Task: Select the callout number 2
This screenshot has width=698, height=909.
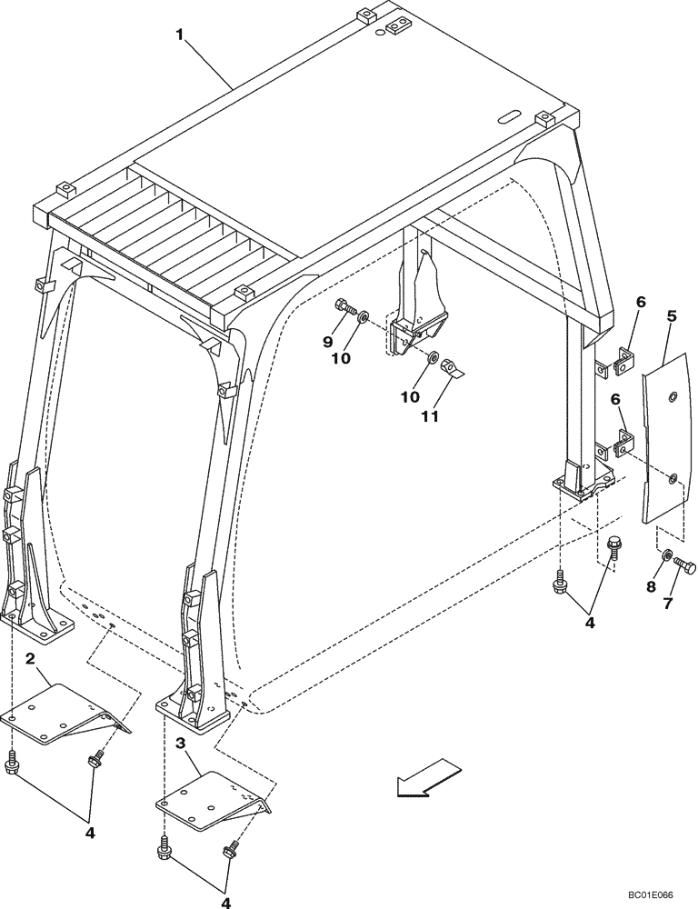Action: coord(30,658)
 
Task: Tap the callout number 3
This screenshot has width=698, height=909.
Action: coord(183,743)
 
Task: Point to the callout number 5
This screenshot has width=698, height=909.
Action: coord(672,317)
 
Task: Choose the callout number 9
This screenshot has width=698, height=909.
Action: coord(328,342)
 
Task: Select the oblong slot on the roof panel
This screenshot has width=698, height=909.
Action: coord(510,116)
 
